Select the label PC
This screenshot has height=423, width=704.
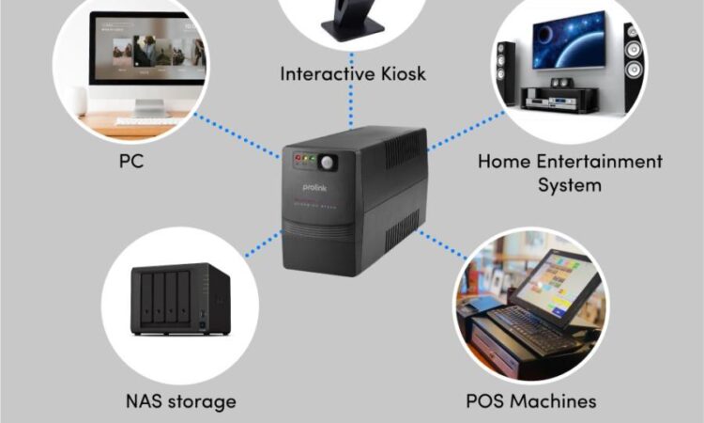click(131, 161)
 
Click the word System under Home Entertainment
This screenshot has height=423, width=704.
click(571, 184)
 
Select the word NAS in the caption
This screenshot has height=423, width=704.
click(146, 401)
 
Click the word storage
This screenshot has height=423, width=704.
click(203, 402)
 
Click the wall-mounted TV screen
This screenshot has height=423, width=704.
click(570, 42)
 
